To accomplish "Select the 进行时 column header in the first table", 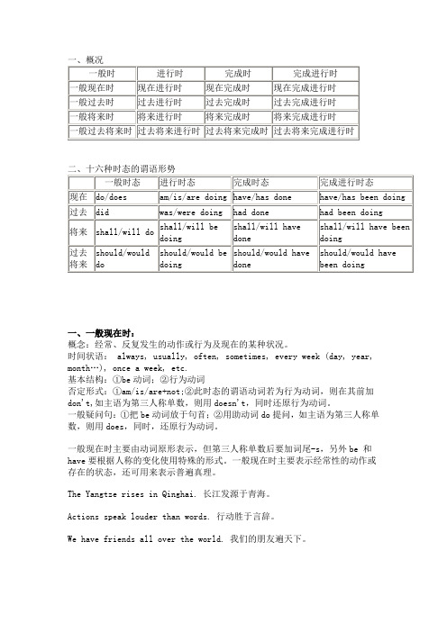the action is coord(169,72).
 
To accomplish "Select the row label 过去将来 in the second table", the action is coord(79,259).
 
